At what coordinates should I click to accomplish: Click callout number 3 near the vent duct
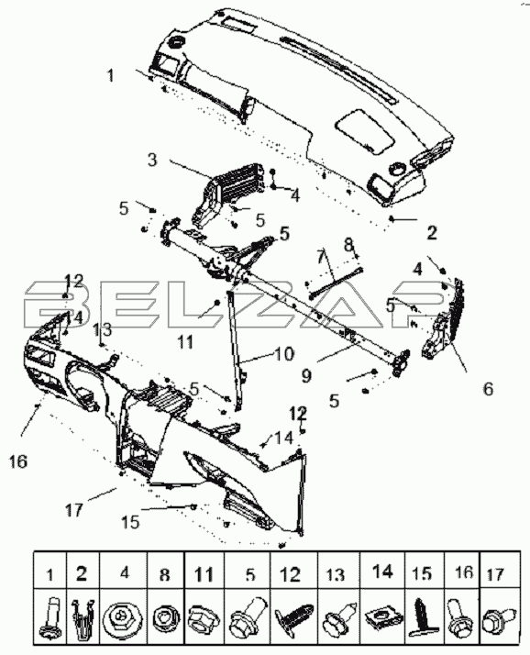pos(152,160)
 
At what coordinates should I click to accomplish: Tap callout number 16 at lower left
pos(18,461)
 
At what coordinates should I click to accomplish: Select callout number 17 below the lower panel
pos(74,510)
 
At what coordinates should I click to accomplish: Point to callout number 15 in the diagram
pos(130,522)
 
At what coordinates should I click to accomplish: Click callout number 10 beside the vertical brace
pos(284,354)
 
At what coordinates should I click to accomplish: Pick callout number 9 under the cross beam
pos(306,376)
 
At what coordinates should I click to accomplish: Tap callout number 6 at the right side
pos(488,389)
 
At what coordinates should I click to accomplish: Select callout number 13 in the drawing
pos(103,330)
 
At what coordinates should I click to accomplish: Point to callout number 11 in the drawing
pos(185,342)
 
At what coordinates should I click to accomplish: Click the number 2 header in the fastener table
pos(82,573)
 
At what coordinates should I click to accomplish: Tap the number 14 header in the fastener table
pos(382,571)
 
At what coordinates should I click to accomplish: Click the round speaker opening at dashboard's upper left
pos(177,41)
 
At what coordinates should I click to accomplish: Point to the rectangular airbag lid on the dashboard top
pos(365,131)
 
